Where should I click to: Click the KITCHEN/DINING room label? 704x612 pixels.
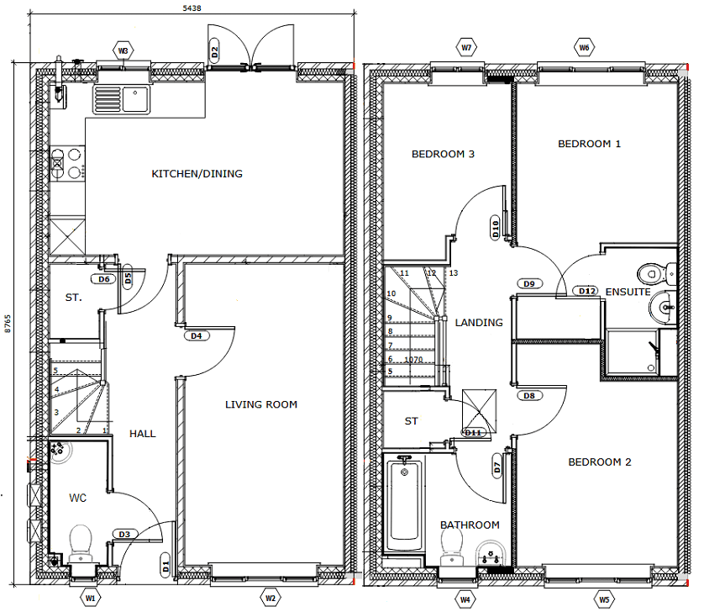(x=197, y=174)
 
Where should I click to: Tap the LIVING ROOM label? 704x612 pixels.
(x=261, y=404)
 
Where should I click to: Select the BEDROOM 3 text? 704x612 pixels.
(x=443, y=154)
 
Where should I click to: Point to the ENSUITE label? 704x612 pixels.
(x=628, y=292)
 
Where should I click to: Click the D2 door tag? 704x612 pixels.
(x=215, y=52)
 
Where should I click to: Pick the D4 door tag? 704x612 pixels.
(x=197, y=336)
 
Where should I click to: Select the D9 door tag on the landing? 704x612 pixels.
(x=529, y=284)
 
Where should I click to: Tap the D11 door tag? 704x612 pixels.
(x=475, y=433)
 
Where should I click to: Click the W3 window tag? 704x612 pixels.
(x=123, y=51)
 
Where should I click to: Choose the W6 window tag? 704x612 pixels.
(x=584, y=48)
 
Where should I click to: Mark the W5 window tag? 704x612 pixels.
(x=604, y=599)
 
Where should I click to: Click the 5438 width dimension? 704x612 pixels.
(x=192, y=8)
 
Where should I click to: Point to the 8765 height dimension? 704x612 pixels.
(x=8, y=324)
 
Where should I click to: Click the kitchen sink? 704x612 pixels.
(x=120, y=99)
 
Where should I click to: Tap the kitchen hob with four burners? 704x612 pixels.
(x=67, y=164)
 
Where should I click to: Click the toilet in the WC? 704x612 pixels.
(x=80, y=542)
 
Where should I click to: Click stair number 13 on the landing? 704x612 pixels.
(x=454, y=273)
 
